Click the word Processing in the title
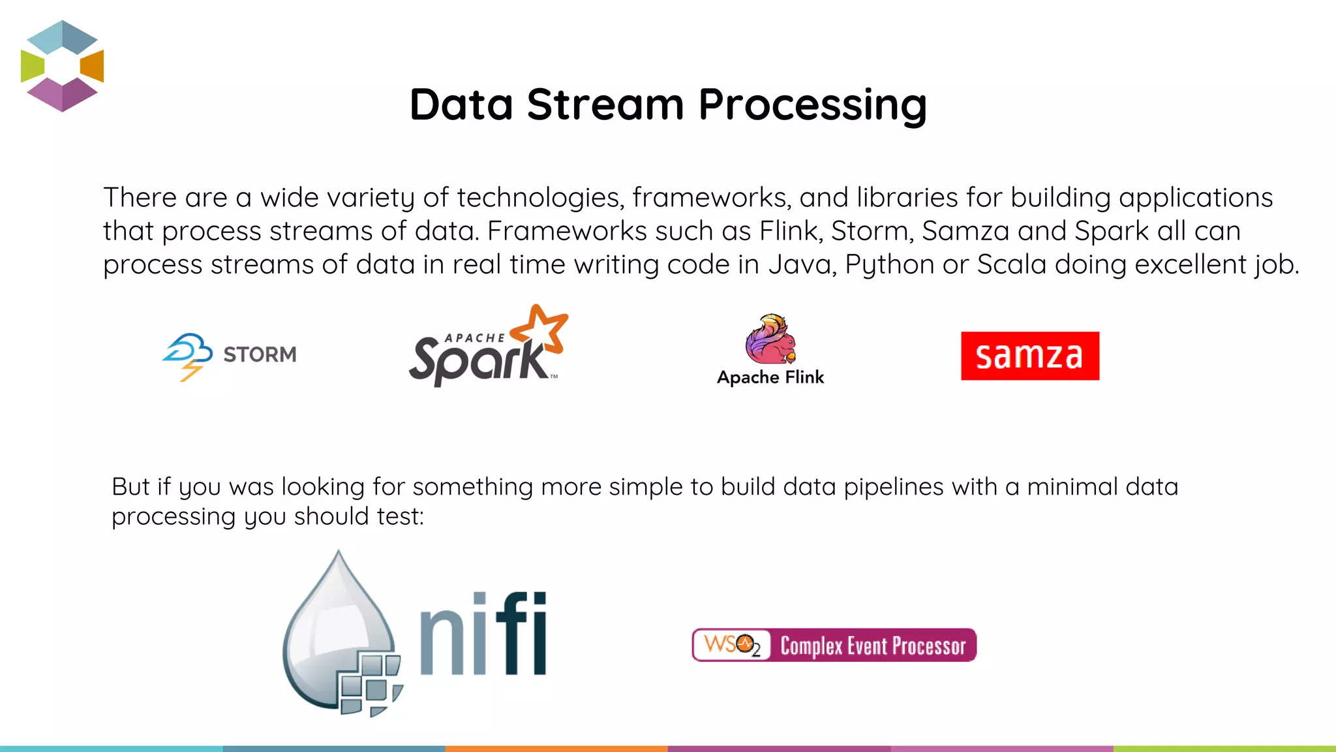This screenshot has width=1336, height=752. [812, 106]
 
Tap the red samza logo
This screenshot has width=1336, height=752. [1029, 356]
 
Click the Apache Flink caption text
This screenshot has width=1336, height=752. [770, 377]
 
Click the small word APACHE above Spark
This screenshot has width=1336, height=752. [474, 338]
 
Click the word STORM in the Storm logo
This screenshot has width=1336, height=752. [260, 354]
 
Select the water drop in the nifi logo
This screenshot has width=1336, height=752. [336, 627]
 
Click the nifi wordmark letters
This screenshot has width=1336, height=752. [483, 633]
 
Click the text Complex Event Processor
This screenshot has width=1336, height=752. [873, 646]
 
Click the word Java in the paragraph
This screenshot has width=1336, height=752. [802, 264]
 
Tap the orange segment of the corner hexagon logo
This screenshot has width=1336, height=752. [93, 66]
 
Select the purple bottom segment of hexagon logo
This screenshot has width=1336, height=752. [62, 95]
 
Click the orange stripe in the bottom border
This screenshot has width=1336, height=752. [556, 748]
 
